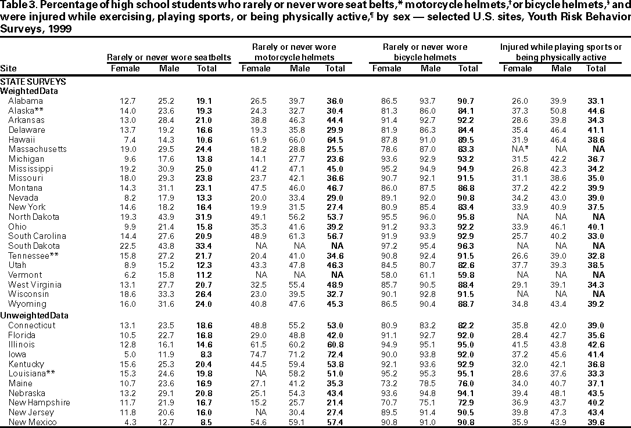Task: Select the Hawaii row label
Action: coord(21,139)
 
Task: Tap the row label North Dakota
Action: coord(33,217)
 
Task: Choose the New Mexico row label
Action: coord(32,422)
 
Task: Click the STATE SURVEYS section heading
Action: coord(33,82)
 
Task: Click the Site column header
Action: coord(9,68)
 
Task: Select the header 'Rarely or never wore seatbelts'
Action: coord(169,57)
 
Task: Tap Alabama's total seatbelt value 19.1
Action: coord(207,100)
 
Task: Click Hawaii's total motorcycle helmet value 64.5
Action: coord(334,139)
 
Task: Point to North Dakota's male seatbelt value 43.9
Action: coord(169,217)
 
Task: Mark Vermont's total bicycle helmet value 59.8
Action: coord(468,275)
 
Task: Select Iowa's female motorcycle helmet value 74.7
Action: coord(256,354)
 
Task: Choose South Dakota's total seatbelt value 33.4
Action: coord(207,246)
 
